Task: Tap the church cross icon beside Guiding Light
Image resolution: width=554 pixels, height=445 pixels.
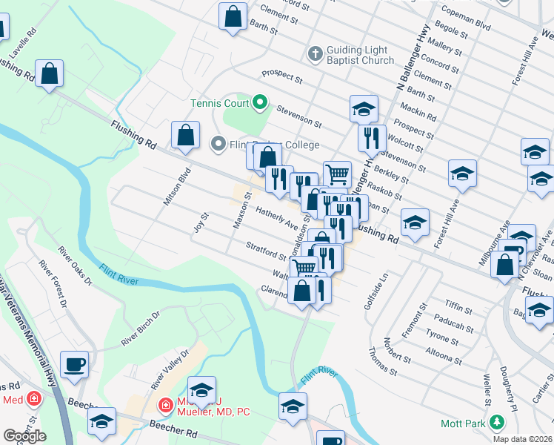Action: point(315,54)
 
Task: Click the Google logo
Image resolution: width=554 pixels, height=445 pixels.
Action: point(24,436)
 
